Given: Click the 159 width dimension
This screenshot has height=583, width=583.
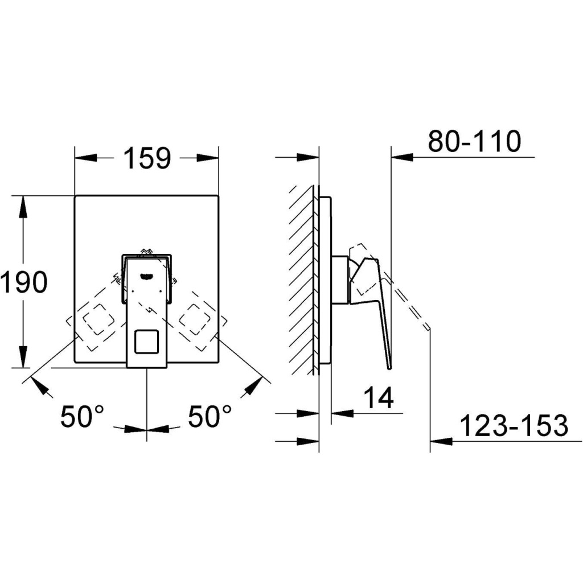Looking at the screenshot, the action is [147, 158].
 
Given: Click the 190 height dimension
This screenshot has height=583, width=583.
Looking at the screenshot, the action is [24, 281].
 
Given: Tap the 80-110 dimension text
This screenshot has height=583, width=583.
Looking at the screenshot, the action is [474, 141].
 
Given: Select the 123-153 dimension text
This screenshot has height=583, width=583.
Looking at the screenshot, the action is [514, 425].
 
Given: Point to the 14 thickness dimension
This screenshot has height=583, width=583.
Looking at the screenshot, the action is [379, 397].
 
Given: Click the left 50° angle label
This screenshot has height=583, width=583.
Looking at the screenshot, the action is [82, 416].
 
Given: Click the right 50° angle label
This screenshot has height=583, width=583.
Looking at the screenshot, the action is [210, 416].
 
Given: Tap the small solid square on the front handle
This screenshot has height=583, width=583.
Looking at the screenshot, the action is [146, 342].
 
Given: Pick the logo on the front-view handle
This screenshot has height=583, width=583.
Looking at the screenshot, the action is [146, 276].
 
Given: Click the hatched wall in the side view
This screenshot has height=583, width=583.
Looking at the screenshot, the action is [303, 280].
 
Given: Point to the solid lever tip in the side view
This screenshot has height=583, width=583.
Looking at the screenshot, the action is [389, 368].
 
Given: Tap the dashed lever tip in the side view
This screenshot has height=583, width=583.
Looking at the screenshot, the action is [428, 327].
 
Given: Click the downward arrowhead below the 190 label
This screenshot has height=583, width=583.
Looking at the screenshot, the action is [23, 357].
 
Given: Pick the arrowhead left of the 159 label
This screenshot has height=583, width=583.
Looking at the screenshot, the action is [86, 158].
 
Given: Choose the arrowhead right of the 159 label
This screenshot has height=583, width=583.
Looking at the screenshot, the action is [207, 158].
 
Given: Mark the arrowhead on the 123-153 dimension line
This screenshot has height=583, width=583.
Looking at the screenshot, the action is [441, 441].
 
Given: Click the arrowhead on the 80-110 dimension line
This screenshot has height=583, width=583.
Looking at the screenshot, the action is [403, 158].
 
